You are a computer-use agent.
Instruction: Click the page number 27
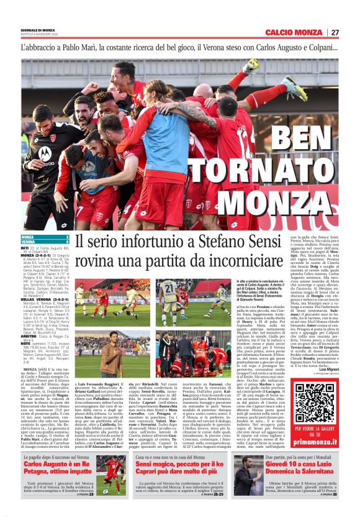click(x=351, y=32)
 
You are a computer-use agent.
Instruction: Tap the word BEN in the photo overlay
click(x=302, y=140)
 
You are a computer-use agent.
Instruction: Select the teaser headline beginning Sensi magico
click(x=179, y=464)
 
